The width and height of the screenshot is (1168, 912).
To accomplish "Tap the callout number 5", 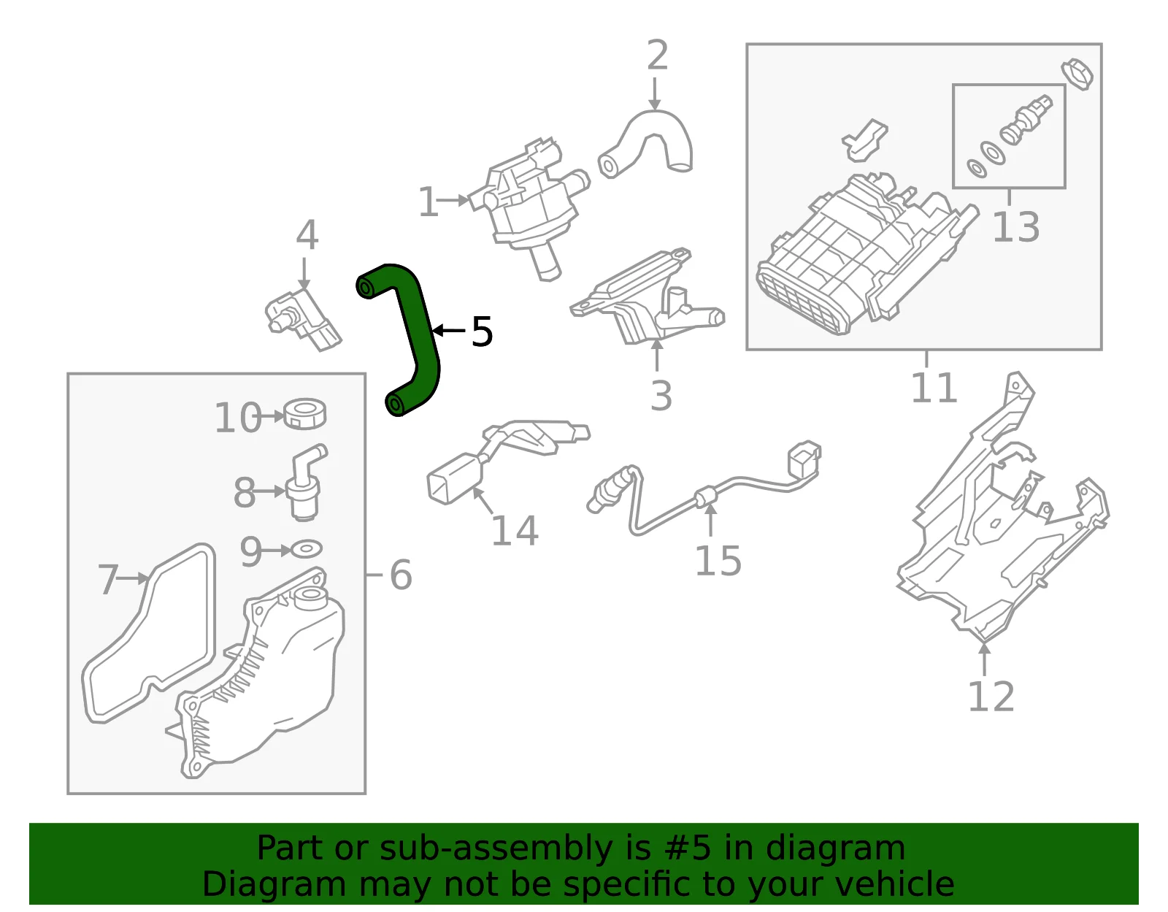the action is (x=482, y=331).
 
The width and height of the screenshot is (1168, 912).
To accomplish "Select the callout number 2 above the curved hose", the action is (x=658, y=55).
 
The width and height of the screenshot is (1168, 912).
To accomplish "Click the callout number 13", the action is (x=1015, y=227).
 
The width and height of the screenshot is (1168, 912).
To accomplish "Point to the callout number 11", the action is (x=934, y=387).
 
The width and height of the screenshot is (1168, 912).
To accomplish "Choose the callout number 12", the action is (x=991, y=697).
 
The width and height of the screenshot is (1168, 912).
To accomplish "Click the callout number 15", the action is (x=718, y=561).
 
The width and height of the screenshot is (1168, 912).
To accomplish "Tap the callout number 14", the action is (x=515, y=530).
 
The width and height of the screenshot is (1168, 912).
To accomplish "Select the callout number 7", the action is (x=108, y=579).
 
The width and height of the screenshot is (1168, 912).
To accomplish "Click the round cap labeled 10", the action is (x=304, y=414).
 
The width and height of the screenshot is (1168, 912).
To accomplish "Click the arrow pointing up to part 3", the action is (x=657, y=355).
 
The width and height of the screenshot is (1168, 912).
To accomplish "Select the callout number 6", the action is (x=401, y=575).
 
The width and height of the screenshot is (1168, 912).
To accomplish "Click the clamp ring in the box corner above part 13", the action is (x=1077, y=74).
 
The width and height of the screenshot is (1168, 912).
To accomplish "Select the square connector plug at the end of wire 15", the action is (x=804, y=460).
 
